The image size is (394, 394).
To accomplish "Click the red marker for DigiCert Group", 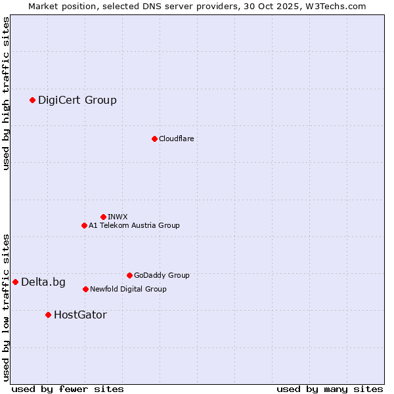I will [x=32, y=100].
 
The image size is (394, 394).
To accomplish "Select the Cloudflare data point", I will [x=154, y=139].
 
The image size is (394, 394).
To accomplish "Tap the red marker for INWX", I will [x=103, y=217].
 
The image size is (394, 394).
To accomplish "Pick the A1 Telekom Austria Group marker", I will [x=84, y=225].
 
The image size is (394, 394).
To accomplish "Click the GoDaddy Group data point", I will [x=129, y=275].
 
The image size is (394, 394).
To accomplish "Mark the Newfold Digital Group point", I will [x=85, y=289].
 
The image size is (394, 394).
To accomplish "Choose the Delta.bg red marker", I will [x=15, y=282].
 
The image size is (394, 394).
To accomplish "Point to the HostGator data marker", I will [x=48, y=315].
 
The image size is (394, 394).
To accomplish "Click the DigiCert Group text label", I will [x=77, y=100].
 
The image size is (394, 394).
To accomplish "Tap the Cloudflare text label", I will [x=176, y=139].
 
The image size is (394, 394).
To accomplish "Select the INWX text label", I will [x=118, y=217].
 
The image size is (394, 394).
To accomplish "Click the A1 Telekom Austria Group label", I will [x=134, y=225].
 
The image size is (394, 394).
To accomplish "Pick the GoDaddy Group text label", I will [x=162, y=275].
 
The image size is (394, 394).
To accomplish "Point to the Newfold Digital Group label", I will [x=128, y=289].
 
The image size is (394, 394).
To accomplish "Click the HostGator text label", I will [x=80, y=315].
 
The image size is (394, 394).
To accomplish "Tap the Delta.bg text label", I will [x=43, y=282].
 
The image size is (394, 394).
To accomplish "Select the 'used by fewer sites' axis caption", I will [x=68, y=389].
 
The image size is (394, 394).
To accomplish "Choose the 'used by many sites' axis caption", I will [x=330, y=389].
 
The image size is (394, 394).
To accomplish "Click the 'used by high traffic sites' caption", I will [x=6, y=93].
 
